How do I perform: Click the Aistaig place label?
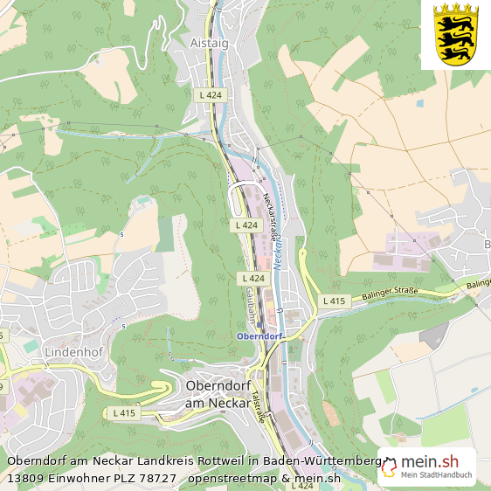pos(209,41)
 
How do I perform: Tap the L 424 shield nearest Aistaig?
pos(211,94)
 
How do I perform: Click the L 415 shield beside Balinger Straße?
pos(334,301)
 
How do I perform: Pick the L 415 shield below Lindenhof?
pos(125,412)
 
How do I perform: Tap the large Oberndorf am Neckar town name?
pos(221,394)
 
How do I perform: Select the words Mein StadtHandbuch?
pos(436,476)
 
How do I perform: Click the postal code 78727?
pos(156,478)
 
